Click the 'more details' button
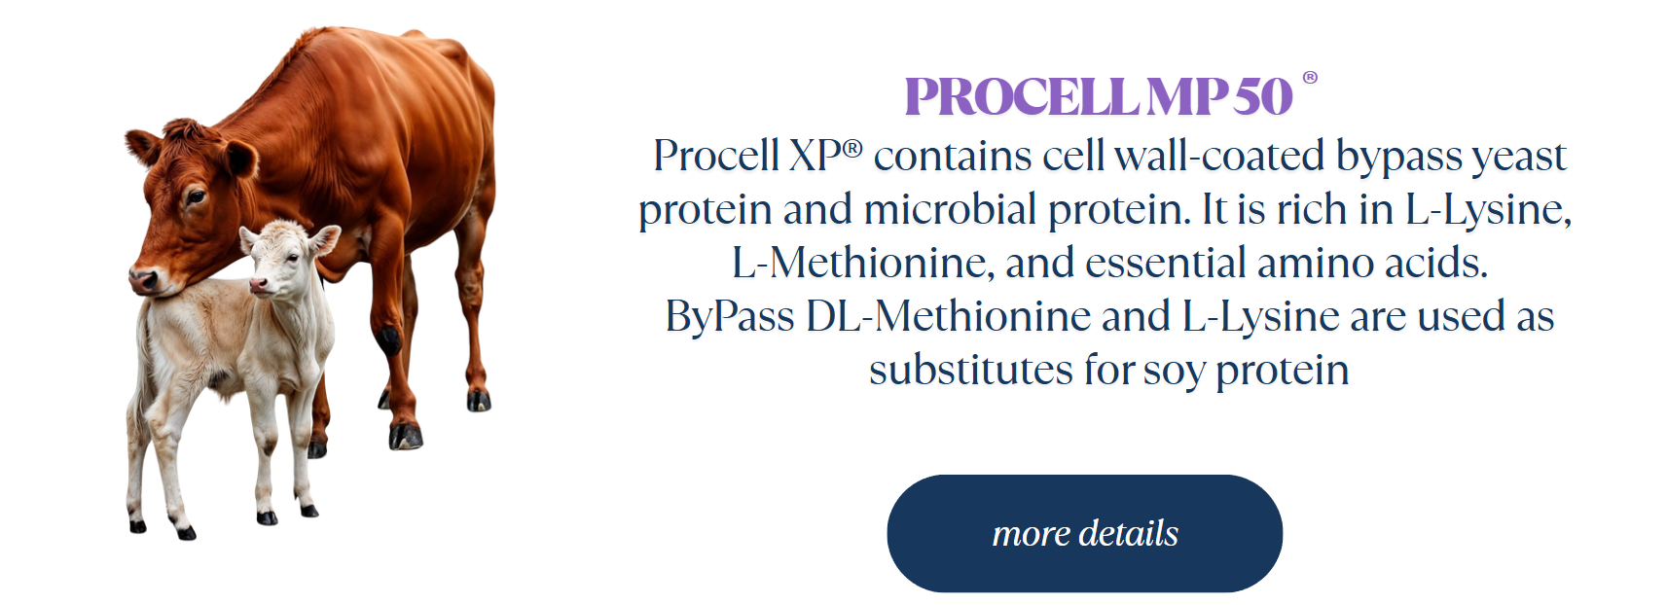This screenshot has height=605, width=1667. click(1084, 533)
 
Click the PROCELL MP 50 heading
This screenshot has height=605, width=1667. click(1099, 96)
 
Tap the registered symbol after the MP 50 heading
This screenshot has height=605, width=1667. click(1310, 78)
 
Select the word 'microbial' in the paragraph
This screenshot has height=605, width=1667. click(950, 208)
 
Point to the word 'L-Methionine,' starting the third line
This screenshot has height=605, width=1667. click(863, 263)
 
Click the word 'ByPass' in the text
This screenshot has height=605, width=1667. click(729, 317)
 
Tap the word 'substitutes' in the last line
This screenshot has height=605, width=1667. click(970, 369)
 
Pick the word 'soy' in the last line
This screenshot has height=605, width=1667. click(1173, 373)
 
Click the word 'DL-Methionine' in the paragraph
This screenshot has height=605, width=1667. click(948, 315)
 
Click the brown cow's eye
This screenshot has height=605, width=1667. click(195, 197)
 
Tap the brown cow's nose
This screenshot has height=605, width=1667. click(144, 280)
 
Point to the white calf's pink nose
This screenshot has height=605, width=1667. click(258, 284)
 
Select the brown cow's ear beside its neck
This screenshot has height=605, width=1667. click(239, 158)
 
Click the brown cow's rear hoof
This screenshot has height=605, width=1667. click(479, 401)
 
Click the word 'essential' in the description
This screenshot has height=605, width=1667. click(1166, 263)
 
